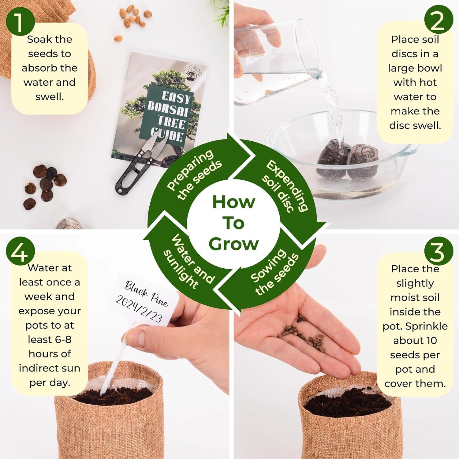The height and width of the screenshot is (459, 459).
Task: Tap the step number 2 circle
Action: click(x=438, y=22)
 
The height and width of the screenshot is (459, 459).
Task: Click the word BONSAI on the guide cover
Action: click(x=168, y=108)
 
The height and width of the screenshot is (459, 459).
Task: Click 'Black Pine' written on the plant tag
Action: click(x=146, y=294)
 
